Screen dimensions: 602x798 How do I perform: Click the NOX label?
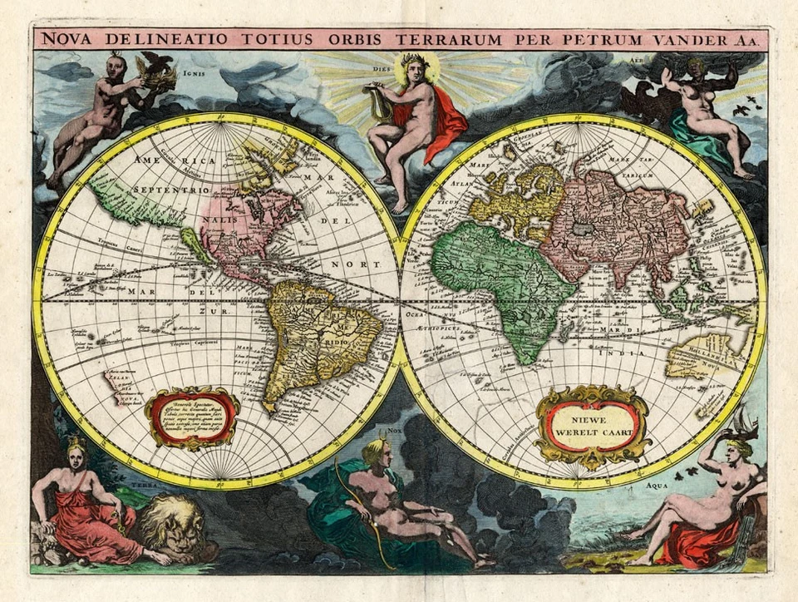395,431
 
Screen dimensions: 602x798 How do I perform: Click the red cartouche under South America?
192,417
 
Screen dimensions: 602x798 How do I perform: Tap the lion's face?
173,525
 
